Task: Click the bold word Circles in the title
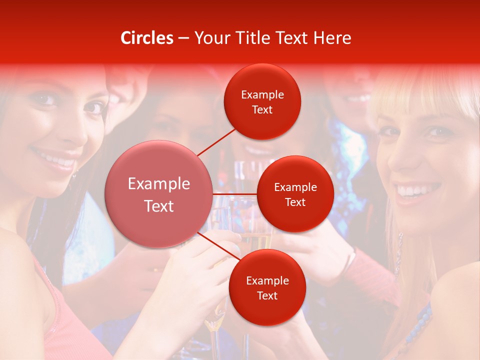147,38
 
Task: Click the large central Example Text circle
159,194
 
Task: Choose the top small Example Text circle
262,102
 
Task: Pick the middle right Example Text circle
295,194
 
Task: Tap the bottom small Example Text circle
267,288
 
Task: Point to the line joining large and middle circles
235,194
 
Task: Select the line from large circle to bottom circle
220,246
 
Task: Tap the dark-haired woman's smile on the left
55,161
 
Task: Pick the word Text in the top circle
262,109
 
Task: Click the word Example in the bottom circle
267,280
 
